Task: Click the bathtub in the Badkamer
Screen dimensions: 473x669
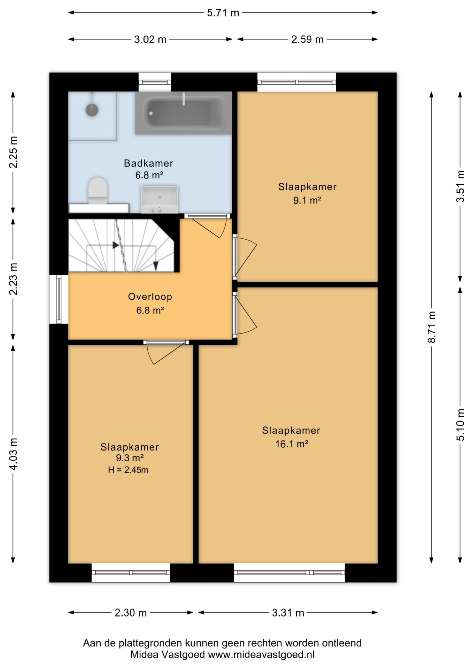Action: pyautogui.click(x=184, y=113)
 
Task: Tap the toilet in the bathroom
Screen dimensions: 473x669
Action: pyautogui.click(x=98, y=191)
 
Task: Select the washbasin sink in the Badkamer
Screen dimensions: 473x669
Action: pyautogui.click(x=160, y=199)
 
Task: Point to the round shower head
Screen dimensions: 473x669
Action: pyautogui.click(x=92, y=110)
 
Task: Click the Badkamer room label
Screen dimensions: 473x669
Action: pyautogui.click(x=149, y=163)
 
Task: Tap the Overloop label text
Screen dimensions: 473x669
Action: pyautogui.click(x=150, y=297)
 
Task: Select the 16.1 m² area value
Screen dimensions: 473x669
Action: pyautogui.click(x=292, y=444)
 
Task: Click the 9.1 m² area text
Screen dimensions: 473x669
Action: pyautogui.click(x=307, y=200)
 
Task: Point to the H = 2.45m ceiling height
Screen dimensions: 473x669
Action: pyautogui.click(x=128, y=470)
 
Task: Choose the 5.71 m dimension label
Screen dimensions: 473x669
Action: pyautogui.click(x=223, y=13)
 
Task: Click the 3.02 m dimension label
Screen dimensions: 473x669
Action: pyautogui.click(x=150, y=39)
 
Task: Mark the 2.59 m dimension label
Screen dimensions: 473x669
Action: pyautogui.click(x=307, y=39)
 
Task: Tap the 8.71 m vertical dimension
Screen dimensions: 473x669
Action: pyautogui.click(x=432, y=327)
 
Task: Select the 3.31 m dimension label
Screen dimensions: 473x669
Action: pyautogui.click(x=288, y=613)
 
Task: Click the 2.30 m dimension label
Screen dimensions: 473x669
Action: pyautogui.click(x=131, y=613)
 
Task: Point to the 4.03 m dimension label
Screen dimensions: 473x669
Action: pyautogui.click(x=13, y=454)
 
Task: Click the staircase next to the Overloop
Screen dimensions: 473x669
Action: pyautogui.click(x=121, y=245)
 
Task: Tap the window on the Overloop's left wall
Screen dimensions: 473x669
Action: pyautogui.click(x=59, y=299)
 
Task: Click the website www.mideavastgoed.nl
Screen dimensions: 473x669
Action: pyautogui.click(x=261, y=655)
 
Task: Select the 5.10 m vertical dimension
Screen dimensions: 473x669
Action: pyautogui.click(x=460, y=425)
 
